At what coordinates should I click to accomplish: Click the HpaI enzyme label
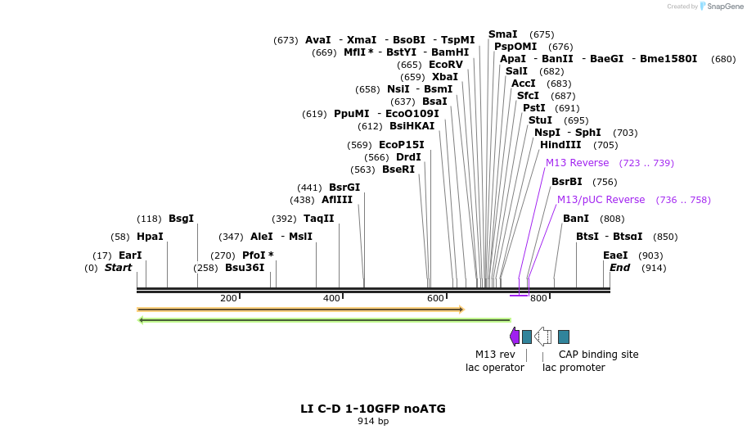pos(150,237)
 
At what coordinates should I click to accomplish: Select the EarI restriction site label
pos(130,255)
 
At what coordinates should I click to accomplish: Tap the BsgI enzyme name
pos(181,219)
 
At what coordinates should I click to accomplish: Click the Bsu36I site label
pos(245,268)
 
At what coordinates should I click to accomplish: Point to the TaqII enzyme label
pos(319,219)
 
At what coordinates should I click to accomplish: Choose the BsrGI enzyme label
pos(344,188)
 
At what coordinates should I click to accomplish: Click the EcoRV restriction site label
pos(446,65)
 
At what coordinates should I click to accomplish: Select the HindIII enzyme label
pos(560,145)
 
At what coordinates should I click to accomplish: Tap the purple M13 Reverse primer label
pos(578,163)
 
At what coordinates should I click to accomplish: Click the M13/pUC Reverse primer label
pos(601,200)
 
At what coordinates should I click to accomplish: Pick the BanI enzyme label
pos(576,219)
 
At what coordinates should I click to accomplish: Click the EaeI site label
pos(615,255)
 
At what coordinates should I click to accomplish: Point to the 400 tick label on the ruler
pos(331,298)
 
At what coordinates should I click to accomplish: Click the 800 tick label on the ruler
pos(538,298)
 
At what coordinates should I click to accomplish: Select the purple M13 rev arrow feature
pos(514,337)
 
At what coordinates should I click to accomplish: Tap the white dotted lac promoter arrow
pos(542,337)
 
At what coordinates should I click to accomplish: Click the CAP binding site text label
pos(598,355)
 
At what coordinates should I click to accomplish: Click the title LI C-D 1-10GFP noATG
pos(373,409)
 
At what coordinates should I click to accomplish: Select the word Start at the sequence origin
pos(118,268)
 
